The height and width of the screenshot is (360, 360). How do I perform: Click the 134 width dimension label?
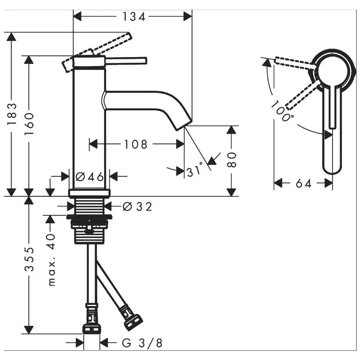click(x=134, y=17)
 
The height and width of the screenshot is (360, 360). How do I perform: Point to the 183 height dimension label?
click(x=12, y=114)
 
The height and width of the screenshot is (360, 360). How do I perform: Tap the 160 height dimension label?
click(x=29, y=124)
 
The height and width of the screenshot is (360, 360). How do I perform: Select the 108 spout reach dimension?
click(x=136, y=144)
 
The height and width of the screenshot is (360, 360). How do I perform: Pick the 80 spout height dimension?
click(x=231, y=160)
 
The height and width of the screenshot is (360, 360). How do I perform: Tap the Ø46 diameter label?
click(x=90, y=177)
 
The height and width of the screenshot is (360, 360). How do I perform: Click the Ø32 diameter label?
click(x=137, y=207)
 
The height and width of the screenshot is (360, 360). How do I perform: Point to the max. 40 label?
click(x=52, y=260)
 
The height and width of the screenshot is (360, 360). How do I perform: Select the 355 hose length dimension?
click(x=29, y=259)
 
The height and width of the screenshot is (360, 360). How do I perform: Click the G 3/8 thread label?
click(x=142, y=343)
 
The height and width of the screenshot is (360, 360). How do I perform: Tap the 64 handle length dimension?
click(x=304, y=184)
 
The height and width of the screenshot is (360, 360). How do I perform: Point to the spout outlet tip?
click(x=184, y=126)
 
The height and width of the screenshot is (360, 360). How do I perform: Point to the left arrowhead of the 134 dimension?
click(x=77, y=17)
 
